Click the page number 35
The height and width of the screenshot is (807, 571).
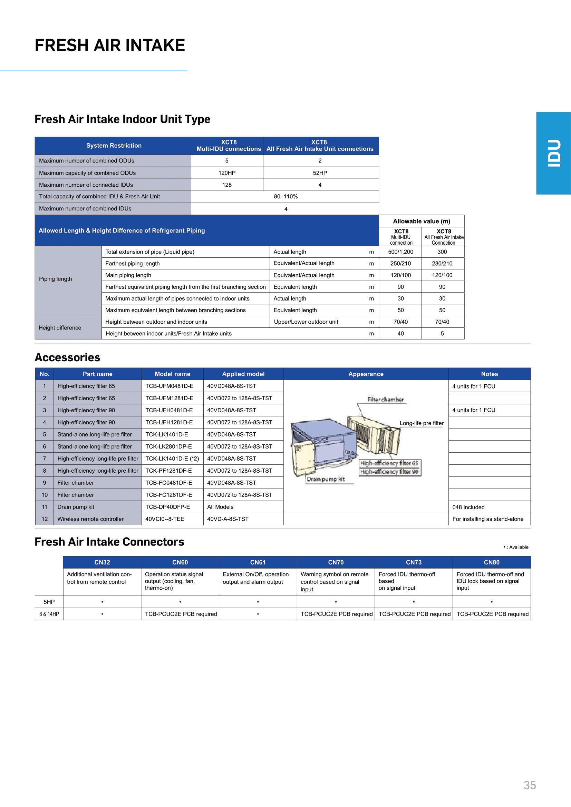530,785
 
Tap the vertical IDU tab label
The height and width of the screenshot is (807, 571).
553,153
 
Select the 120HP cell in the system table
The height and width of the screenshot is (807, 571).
227,173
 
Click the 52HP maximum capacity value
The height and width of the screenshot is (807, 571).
320,173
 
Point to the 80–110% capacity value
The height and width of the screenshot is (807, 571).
285,196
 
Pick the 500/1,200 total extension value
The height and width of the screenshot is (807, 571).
400,252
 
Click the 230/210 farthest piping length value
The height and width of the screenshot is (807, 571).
442,263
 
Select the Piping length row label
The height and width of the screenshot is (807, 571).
56,279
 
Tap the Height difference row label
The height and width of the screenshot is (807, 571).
60,327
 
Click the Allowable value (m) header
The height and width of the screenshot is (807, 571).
421,221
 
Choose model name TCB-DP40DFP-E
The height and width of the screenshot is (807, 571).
168,507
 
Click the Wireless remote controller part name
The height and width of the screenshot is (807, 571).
90,519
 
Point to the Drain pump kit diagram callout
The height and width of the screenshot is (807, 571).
326,479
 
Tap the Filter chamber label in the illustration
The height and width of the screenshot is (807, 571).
385,400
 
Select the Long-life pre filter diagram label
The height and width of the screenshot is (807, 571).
421,423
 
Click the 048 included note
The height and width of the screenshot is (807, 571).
468,507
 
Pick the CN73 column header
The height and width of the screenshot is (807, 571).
414,562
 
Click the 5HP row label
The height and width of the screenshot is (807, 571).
49,602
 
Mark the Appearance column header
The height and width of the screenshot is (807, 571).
366,374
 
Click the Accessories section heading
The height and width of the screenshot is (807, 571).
68,357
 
